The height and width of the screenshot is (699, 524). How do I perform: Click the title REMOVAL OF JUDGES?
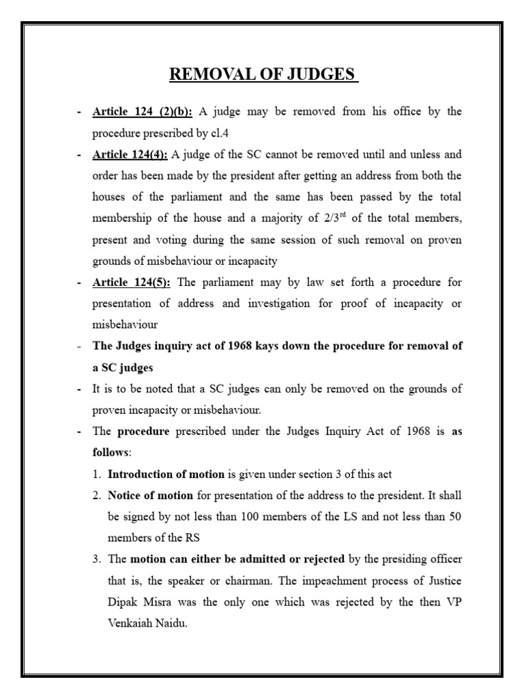264,74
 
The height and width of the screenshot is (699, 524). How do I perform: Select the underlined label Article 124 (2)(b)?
143,112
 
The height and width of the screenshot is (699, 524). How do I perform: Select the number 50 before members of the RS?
454,517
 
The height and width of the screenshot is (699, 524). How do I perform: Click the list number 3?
98,559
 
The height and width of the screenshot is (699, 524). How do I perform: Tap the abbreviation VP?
452,601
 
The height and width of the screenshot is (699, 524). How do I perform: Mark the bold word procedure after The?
143,432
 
